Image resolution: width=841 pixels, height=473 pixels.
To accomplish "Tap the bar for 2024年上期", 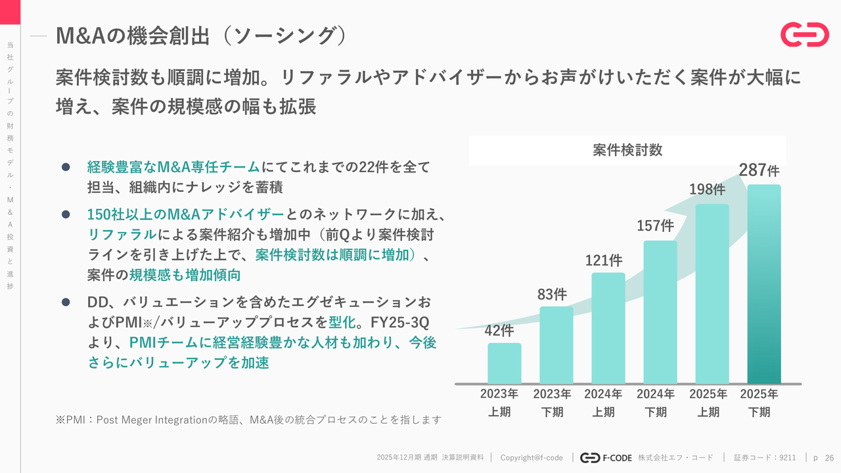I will click(608, 328).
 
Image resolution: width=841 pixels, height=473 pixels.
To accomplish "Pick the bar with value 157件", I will click(660, 312).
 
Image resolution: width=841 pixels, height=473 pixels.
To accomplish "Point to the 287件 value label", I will click(759, 170).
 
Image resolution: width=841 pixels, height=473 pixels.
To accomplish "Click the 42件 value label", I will click(499, 330).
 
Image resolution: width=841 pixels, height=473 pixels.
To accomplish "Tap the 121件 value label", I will click(604, 260).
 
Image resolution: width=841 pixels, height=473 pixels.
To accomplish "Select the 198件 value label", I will click(707, 189).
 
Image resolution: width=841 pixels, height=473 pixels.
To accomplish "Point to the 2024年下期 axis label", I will click(655, 403).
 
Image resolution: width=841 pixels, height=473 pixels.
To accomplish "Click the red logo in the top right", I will click(804, 35).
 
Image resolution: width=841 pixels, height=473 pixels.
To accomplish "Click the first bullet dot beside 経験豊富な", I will click(66, 168).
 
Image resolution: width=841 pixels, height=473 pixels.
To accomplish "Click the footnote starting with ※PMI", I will click(248, 419).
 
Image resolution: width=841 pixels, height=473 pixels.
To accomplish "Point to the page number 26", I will click(829, 457).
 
